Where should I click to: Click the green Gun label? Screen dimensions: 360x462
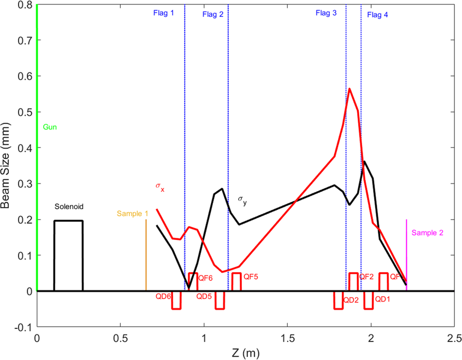tap(50, 127)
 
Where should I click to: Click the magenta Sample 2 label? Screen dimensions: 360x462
tap(428, 232)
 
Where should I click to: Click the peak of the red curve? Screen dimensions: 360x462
tap(350, 88)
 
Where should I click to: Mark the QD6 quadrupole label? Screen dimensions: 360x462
tap(164, 297)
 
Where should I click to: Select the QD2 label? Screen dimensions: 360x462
tap(351, 299)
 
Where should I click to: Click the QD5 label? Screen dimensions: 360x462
tap(204, 297)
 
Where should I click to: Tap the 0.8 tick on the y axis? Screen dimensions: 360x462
tap(24, 5)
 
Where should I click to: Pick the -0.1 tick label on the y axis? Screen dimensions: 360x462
tap(22, 327)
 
